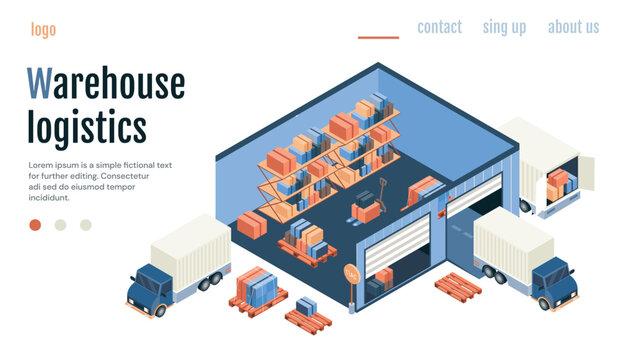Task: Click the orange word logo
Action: point(43,30)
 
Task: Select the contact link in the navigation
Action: point(439,27)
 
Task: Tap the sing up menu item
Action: point(504,27)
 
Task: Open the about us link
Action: point(573,27)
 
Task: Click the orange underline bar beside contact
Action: point(378,38)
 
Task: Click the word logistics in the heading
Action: point(86,128)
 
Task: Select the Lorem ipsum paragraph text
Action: point(100,181)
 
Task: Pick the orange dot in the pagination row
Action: point(35,225)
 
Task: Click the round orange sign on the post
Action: point(351,272)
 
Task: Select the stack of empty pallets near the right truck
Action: point(458,285)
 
